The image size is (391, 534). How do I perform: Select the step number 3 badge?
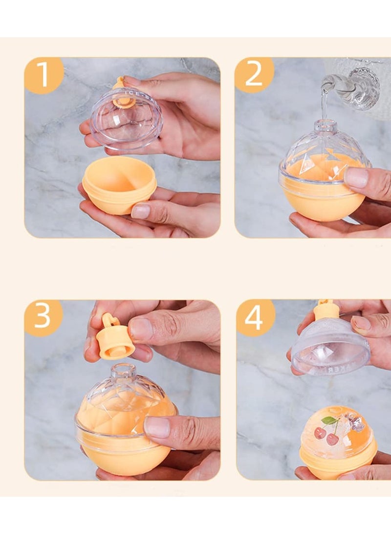[43, 318]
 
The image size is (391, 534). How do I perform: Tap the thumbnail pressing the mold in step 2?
[356, 178]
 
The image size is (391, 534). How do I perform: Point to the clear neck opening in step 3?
[123, 371]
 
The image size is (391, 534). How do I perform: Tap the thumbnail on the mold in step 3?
[157, 427]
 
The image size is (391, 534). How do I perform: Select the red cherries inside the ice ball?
[326, 436]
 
